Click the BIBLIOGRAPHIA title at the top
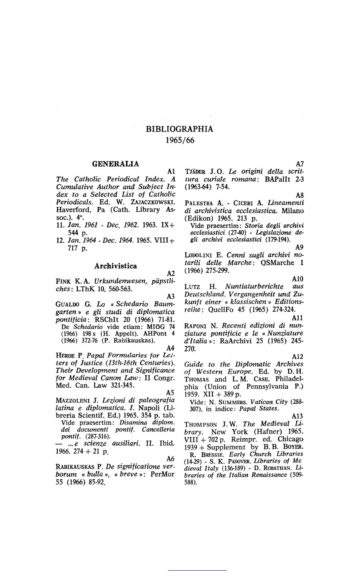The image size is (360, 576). (x=180, y=129)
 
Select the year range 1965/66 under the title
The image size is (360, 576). (x=180, y=140)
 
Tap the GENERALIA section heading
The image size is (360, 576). (x=116, y=164)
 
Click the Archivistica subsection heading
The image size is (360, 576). (x=116, y=266)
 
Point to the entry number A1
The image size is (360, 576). (x=172, y=172)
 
